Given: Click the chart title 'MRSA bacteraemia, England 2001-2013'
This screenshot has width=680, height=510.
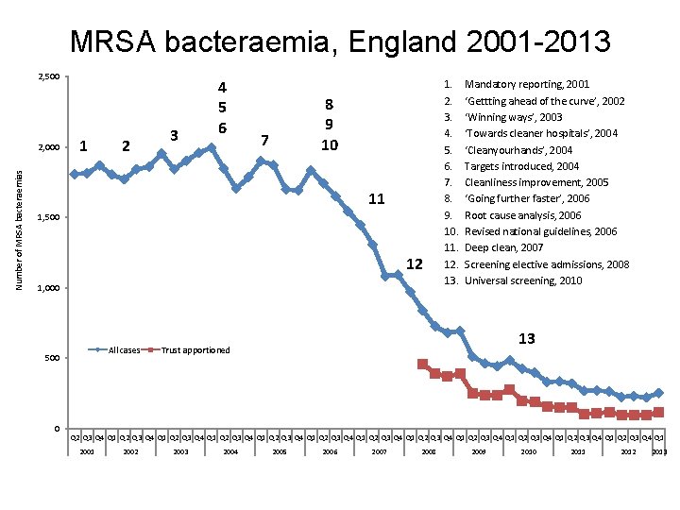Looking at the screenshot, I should pos(340,42).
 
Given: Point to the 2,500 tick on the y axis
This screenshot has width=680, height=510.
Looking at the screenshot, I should pos(49,76).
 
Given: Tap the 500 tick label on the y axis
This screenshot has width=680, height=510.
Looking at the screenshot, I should pos(54,359).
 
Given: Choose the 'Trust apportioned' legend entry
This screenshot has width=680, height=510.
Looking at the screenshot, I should pos(195,350).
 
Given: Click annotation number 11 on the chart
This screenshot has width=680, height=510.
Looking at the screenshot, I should pos(376,199).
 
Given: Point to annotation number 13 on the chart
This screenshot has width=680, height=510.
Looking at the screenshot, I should pos(526,338).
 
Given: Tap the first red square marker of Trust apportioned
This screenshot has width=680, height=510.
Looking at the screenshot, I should pos(422,364).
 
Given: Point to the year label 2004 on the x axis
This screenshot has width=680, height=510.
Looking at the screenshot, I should pos(229,452).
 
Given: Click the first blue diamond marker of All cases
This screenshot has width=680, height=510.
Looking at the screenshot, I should pos(75,174).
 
